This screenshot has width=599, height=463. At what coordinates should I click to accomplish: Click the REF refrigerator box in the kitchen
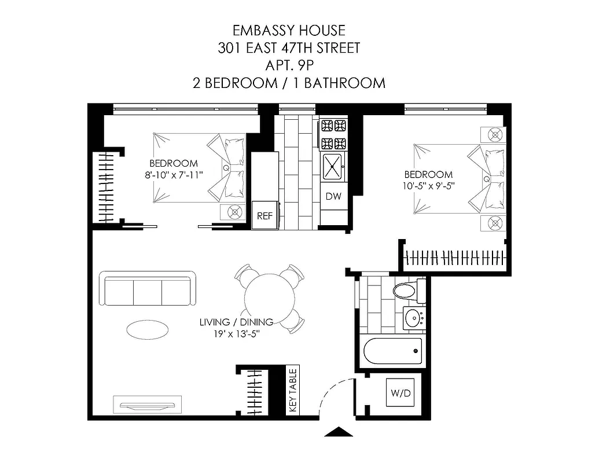coord(264,215)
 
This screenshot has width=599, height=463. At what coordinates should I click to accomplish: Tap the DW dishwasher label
coord(333,196)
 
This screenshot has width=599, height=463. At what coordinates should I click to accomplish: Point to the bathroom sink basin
coord(413,318)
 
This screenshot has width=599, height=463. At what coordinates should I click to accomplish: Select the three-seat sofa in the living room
coord(148,288)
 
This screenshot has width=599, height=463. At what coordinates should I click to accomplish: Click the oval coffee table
coord(148,329)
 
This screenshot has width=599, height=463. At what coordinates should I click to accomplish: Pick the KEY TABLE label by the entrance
coord(293,391)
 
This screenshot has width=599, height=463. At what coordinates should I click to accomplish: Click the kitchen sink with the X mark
coord(333,167)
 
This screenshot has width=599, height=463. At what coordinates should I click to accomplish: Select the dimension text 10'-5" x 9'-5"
coord(428,186)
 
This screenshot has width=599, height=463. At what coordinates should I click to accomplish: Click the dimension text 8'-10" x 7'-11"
coord(174,174)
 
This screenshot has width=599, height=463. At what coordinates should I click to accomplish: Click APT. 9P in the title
coord(289,65)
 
